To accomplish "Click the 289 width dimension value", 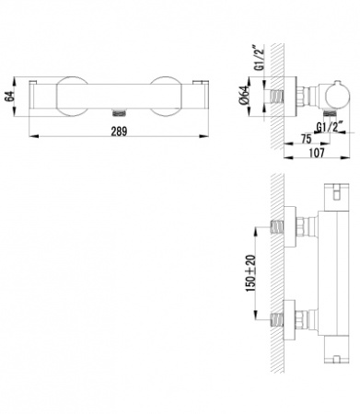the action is coord(119,132).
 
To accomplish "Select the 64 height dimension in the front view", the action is coord(10,97).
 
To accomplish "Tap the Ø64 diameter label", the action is coord(245,96).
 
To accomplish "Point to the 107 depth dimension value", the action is coord(317,152).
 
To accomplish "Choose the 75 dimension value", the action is coord(306,139).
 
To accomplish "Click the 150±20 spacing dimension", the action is coord(250,273).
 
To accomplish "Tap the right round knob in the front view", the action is coord(166,97).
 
